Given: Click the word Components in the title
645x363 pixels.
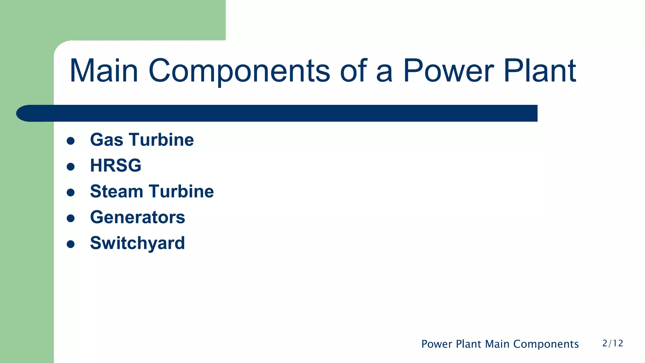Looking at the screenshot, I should [x=239, y=72].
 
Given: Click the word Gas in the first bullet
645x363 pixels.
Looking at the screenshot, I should [x=106, y=140].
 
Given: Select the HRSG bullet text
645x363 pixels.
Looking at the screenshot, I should [x=116, y=165].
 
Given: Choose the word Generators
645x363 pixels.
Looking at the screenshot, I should [x=138, y=217].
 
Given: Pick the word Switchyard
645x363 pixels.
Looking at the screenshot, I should [x=137, y=243].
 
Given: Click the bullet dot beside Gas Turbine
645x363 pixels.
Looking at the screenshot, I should [x=71, y=141].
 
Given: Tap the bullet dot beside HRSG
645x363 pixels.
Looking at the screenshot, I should [x=71, y=167].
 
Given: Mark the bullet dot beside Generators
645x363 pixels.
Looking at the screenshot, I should [x=71, y=218].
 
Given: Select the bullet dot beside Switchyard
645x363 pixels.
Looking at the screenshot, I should [x=71, y=244].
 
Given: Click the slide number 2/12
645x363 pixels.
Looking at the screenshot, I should [x=613, y=343].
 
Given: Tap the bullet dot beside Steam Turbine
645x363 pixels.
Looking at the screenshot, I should [x=71, y=193].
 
